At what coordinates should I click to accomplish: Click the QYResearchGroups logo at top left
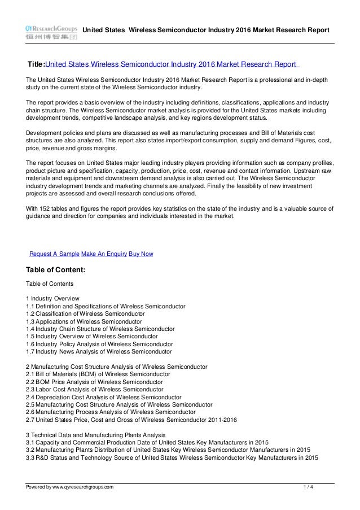tap(50, 32)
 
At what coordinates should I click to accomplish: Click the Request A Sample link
tap(54, 254)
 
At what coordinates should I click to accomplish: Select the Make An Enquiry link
tap(104, 254)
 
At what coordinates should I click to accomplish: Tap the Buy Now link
tap(141, 254)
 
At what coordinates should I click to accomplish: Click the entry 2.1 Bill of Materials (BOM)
tap(102, 374)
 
